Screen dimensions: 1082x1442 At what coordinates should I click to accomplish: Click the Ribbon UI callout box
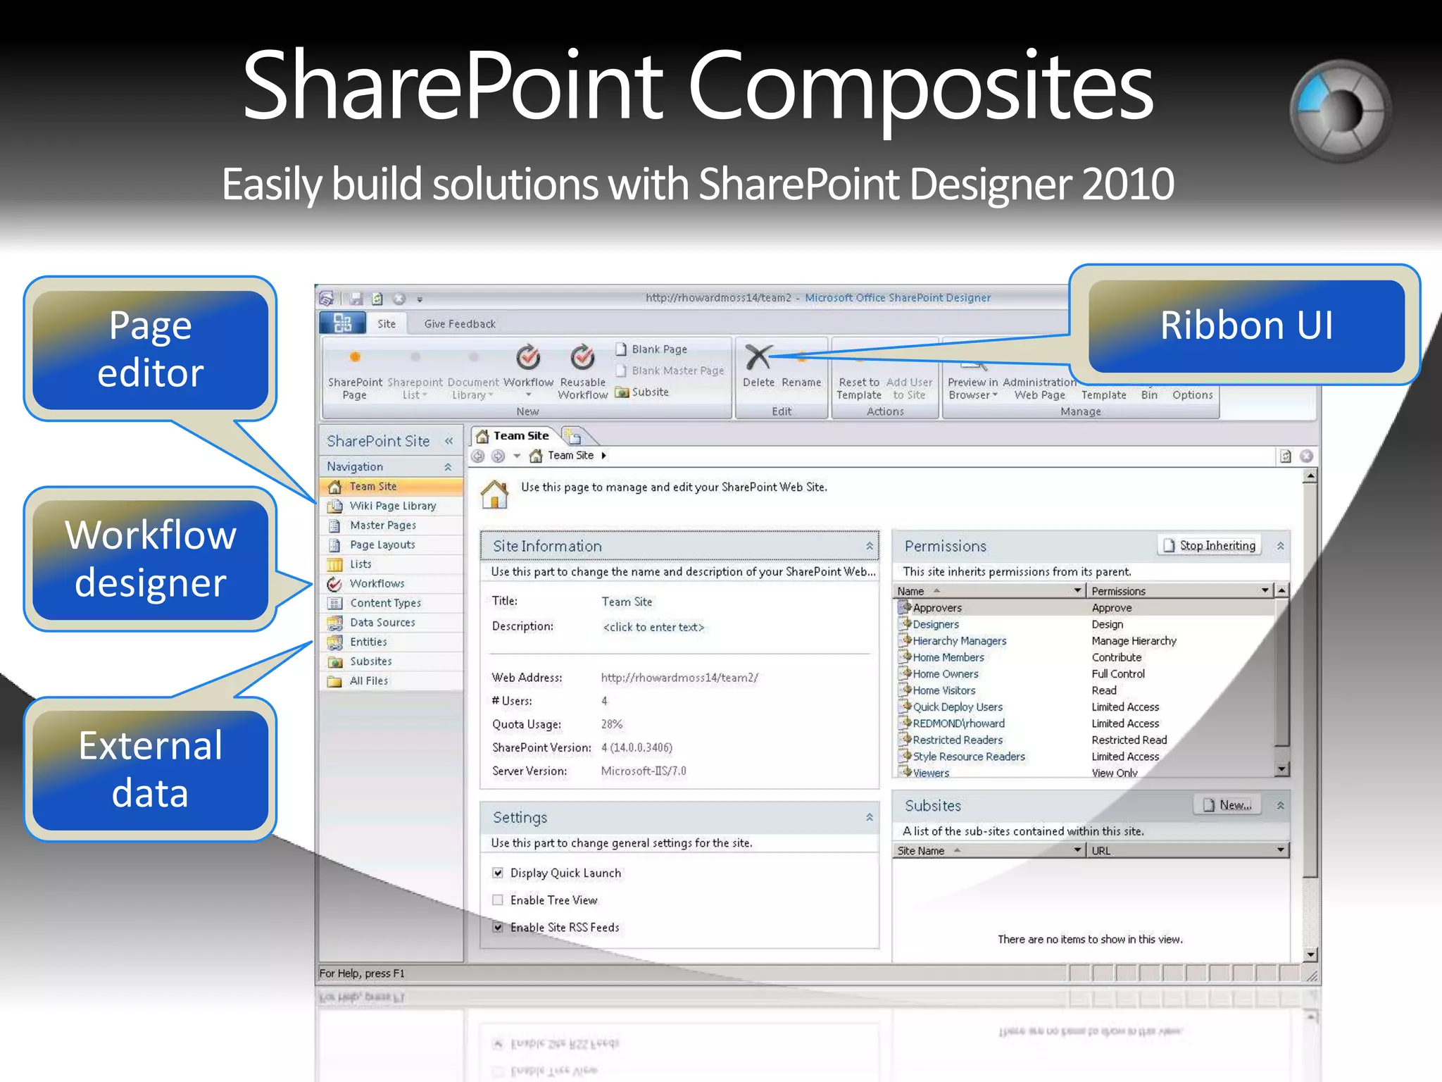click(x=1246, y=325)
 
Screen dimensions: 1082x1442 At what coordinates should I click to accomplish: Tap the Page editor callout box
click(x=150, y=349)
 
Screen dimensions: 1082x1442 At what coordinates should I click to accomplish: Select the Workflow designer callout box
click(x=150, y=559)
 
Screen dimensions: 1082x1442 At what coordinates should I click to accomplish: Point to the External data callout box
click(x=150, y=769)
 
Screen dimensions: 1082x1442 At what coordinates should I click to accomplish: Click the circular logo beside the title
click(x=1340, y=111)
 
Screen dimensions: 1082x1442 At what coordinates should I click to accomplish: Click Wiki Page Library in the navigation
click(x=392, y=506)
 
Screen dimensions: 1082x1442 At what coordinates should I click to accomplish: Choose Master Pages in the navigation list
click(x=382, y=526)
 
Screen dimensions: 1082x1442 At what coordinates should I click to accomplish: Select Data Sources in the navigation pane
click(x=382, y=623)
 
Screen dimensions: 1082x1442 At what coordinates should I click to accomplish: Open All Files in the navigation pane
click(x=368, y=681)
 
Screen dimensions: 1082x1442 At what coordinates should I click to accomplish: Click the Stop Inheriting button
click(x=1210, y=546)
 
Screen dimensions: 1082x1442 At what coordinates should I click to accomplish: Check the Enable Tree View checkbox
click(x=498, y=900)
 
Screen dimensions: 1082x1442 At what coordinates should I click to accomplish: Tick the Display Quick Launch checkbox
click(x=498, y=873)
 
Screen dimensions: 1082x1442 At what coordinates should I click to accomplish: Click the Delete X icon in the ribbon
click(x=758, y=357)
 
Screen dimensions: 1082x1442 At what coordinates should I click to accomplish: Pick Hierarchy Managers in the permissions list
click(x=959, y=641)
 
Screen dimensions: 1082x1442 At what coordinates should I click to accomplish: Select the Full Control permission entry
click(x=1118, y=674)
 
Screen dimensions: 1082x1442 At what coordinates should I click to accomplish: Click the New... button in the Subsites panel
click(x=1228, y=805)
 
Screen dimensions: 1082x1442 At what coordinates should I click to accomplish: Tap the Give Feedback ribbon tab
click(x=460, y=324)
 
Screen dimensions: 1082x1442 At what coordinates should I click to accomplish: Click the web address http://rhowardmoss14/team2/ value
click(x=679, y=678)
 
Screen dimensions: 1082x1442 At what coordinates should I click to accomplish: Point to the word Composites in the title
click(x=920, y=87)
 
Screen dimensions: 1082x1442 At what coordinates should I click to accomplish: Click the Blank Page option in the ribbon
click(x=658, y=349)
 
